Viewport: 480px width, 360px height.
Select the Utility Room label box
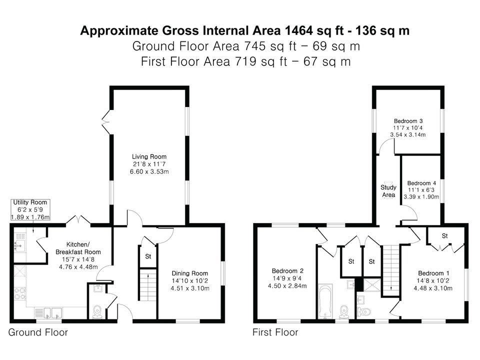tap(30, 209)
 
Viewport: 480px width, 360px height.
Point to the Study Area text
tap(388, 191)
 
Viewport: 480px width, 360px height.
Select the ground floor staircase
tap(148, 284)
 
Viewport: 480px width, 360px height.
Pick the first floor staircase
tap(391, 270)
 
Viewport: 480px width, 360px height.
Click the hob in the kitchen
tap(20, 293)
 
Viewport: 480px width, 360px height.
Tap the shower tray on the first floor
tap(372, 284)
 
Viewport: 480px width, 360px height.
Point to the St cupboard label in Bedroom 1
tap(445, 235)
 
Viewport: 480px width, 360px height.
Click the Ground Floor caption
tap(38, 332)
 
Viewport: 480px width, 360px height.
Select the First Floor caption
tap(275, 332)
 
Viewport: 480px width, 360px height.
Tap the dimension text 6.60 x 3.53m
tap(149, 171)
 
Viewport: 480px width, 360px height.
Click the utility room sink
tap(19, 245)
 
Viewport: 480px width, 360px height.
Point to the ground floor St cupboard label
tap(148, 256)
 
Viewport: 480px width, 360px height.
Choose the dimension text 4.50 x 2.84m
tap(287, 286)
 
